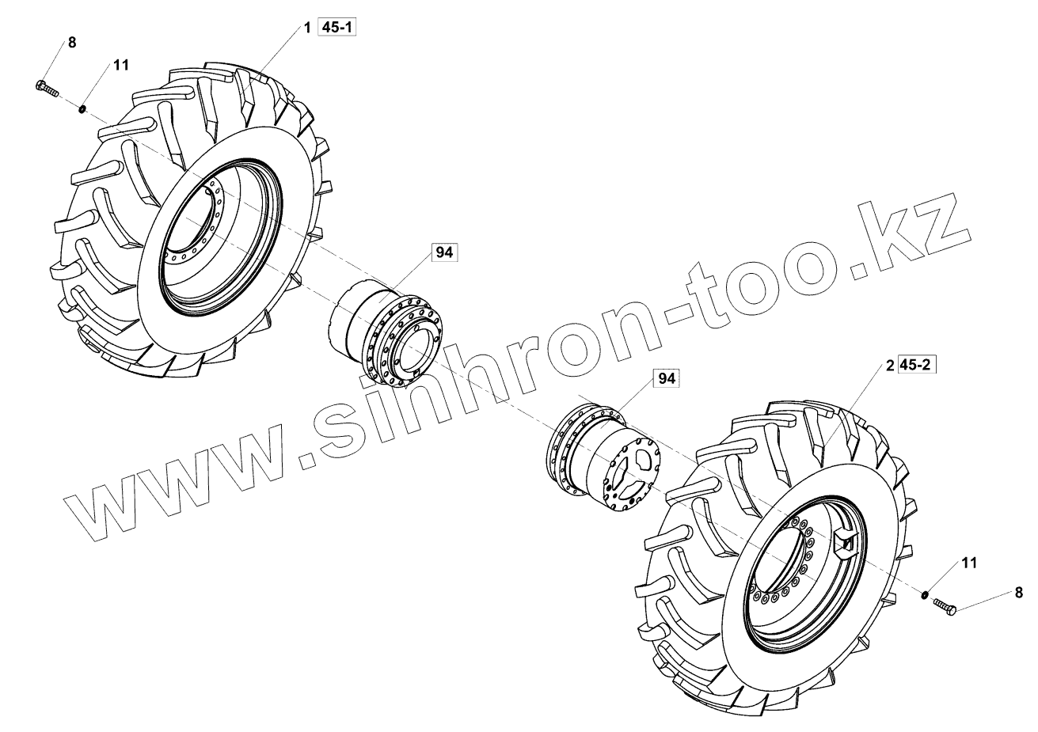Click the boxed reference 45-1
pyautogui.click(x=336, y=28)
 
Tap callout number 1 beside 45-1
pyautogui.click(x=306, y=28)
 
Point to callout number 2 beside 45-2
pyautogui.click(x=890, y=366)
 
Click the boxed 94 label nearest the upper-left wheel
pyautogui.click(x=444, y=252)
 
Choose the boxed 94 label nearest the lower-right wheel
pyautogui.click(x=667, y=378)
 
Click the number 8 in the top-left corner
pyautogui.click(x=72, y=43)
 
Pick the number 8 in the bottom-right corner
pyautogui.click(x=1018, y=593)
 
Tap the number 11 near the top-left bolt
pyautogui.click(x=121, y=66)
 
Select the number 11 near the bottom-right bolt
pyautogui.click(x=969, y=563)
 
